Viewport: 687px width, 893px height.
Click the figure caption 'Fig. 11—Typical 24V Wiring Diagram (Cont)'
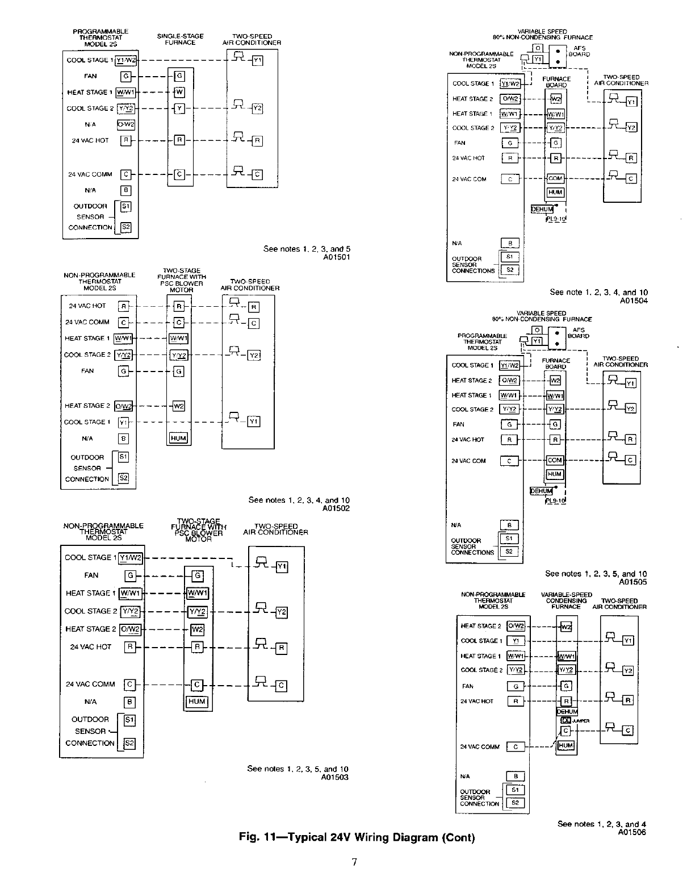357,837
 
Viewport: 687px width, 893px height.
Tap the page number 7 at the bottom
354,862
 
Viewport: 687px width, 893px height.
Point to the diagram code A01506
632,832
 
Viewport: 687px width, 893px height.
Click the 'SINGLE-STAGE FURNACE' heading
180,39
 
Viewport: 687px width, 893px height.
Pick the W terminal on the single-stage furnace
179,92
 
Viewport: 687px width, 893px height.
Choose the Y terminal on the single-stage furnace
179,108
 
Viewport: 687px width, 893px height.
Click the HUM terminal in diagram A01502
178,438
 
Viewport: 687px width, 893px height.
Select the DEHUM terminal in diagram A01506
567,712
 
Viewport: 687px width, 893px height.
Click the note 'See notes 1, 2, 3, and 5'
307,249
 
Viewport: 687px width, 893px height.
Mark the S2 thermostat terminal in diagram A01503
129,743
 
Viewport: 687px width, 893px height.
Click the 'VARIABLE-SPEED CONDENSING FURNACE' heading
566,600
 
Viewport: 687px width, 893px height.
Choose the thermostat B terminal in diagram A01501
126,190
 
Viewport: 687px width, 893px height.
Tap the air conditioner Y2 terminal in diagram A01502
254,355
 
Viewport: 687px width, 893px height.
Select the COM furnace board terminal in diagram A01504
555,178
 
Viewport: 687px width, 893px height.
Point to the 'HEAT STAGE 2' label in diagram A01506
480,626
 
